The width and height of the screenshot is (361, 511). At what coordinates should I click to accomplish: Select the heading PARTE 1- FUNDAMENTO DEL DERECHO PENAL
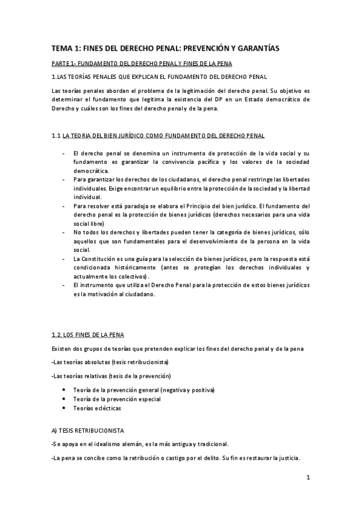click(x=146, y=63)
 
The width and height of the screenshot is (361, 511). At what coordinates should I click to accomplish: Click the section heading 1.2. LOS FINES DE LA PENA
click(x=88, y=334)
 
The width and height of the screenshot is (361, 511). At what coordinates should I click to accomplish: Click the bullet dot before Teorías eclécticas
click(x=64, y=408)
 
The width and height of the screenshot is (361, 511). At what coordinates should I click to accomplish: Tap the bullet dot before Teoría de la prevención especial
click(x=64, y=399)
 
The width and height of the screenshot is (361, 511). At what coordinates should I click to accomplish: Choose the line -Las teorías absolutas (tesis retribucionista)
click(x=110, y=362)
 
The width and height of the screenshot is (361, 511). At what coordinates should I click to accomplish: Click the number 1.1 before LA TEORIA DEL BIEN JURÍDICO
click(x=56, y=137)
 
